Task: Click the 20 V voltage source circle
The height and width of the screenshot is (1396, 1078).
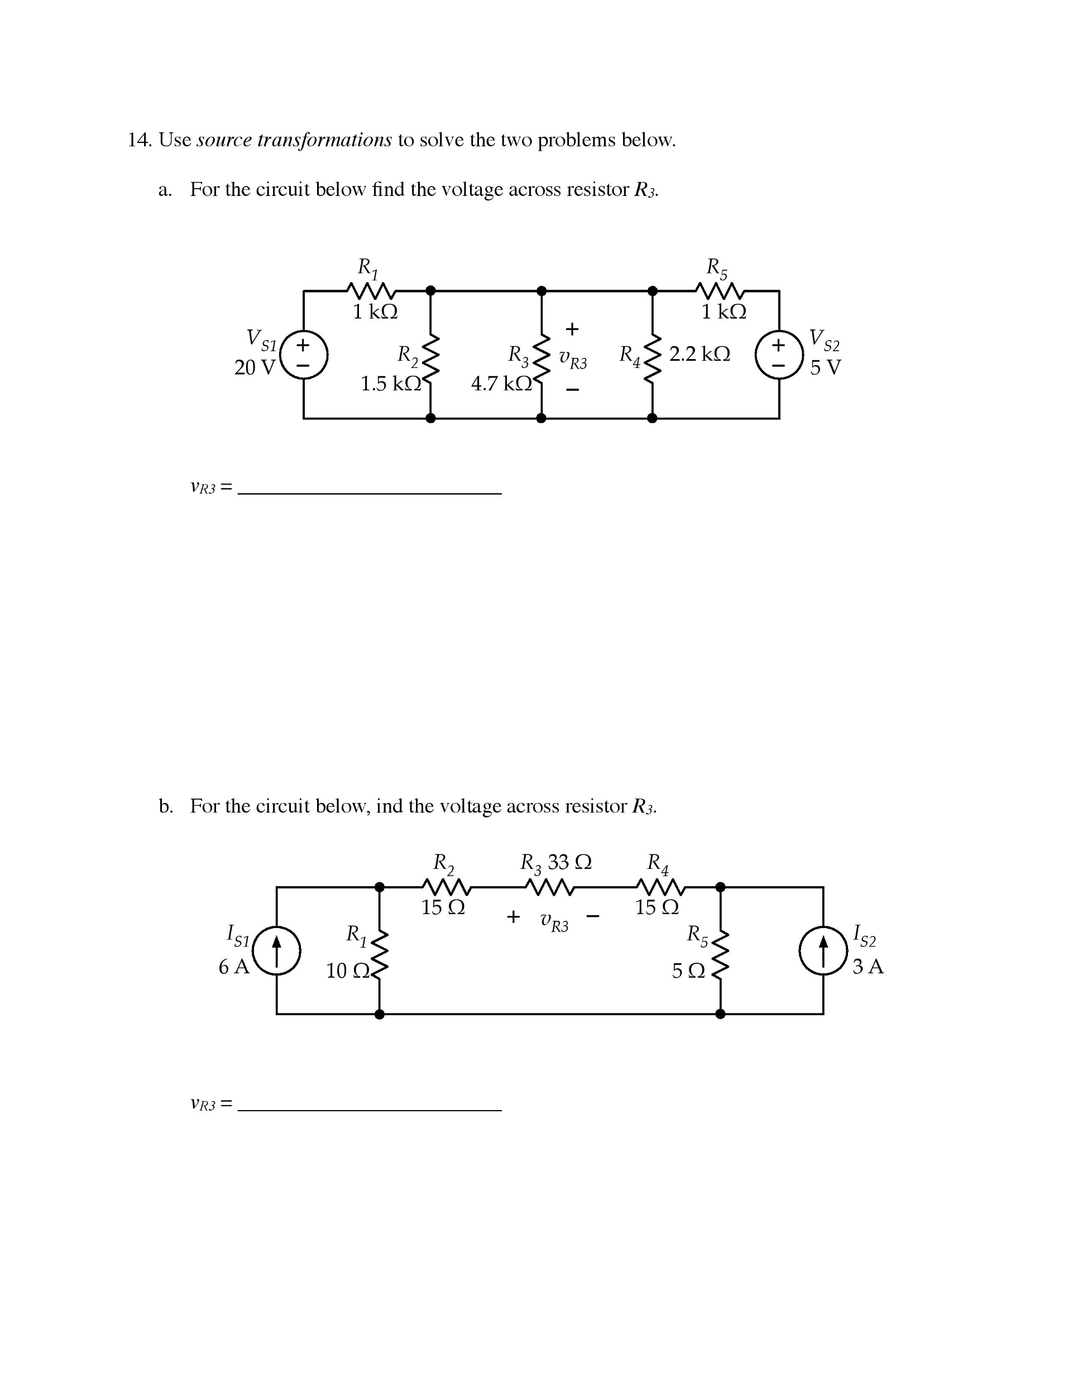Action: pos(304,354)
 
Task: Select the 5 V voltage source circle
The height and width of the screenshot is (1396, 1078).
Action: pos(779,354)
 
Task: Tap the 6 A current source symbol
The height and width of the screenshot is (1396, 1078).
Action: pos(276,950)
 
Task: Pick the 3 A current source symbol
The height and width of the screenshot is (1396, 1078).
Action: pos(823,950)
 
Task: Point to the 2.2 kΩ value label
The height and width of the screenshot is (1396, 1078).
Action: pos(699,353)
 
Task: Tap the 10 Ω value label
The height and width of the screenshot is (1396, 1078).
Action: pos(348,971)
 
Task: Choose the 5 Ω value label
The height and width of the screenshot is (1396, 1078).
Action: pos(688,971)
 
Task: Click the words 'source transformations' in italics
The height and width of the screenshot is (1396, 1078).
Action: pos(294,140)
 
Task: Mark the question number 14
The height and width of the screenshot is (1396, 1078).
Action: pos(140,140)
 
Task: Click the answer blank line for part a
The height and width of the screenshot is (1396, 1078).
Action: pos(370,494)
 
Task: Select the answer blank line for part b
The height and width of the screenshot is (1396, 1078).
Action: pos(370,1110)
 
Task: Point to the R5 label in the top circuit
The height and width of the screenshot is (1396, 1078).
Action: pos(716,268)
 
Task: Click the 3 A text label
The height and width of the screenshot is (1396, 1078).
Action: pos(868,967)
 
